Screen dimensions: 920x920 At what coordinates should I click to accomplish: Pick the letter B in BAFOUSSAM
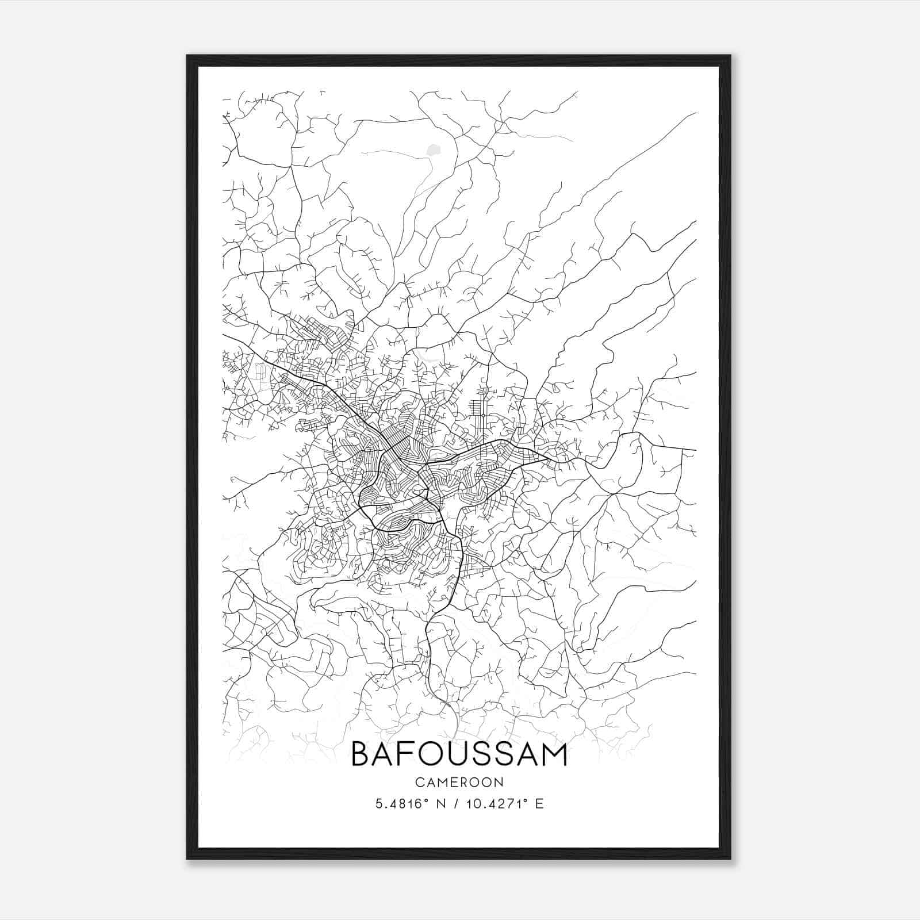[360, 754]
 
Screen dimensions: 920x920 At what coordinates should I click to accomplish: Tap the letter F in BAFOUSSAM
[409, 754]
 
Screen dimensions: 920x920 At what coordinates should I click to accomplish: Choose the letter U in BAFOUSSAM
[459, 754]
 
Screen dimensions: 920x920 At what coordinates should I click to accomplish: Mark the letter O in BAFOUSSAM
[434, 754]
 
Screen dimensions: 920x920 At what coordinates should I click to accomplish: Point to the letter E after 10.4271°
[539, 804]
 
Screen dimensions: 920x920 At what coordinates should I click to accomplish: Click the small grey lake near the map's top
[432, 151]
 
